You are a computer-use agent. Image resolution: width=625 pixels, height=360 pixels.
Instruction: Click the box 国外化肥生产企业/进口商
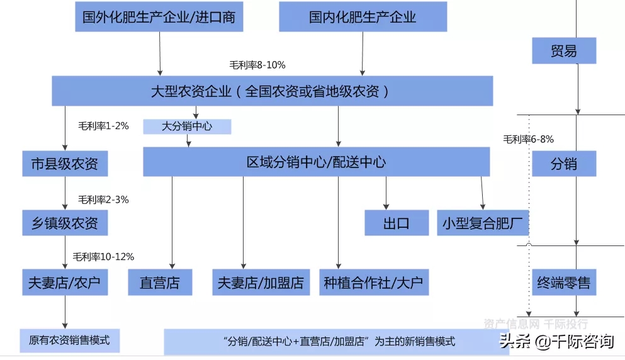coord(159,17)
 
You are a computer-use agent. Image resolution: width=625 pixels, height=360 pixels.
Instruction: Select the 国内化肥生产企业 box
coord(363,17)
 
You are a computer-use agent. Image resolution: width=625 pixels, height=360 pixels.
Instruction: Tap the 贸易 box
coord(564,50)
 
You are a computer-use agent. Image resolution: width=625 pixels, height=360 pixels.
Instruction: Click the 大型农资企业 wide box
coord(273,91)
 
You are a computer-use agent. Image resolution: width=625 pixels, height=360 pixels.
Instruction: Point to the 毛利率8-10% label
coord(257,65)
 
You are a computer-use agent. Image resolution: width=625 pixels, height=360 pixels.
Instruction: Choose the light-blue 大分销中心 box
coord(187,127)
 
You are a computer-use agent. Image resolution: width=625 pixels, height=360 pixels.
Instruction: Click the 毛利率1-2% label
coord(103,126)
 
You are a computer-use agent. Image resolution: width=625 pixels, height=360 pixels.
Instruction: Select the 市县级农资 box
coord(65,164)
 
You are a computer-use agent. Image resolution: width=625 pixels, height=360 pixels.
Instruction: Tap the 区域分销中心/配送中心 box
coord(316,162)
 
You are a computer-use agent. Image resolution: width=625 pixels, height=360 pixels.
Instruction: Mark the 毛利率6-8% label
coord(528,139)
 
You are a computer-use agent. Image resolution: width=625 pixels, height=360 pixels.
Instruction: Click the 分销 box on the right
coord(564,164)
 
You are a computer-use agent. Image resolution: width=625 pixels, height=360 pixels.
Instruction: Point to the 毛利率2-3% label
coord(103,200)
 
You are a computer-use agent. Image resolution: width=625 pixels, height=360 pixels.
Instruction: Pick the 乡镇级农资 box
coord(65,223)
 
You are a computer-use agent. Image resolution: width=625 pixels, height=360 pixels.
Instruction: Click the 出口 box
coord(397,223)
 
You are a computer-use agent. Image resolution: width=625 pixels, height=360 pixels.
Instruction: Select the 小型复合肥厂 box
coord(483,223)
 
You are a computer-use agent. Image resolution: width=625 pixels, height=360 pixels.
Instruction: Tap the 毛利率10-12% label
coord(103,257)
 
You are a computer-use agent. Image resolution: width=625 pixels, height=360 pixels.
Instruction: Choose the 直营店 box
coord(160,282)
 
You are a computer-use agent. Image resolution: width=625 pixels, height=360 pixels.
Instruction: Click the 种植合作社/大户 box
coord(374,282)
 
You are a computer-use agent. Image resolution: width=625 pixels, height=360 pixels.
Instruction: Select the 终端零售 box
coord(564,282)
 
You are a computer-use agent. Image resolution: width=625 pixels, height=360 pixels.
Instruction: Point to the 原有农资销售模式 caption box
coord(70,340)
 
